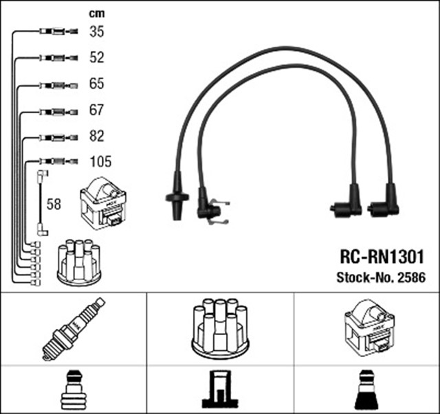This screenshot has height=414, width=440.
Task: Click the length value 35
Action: point(96,32)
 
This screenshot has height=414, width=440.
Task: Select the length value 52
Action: point(96,58)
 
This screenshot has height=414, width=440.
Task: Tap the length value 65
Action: point(96,84)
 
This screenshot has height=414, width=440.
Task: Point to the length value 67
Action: point(96,111)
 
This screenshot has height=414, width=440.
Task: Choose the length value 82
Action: point(96,137)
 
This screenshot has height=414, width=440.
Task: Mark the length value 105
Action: point(100,163)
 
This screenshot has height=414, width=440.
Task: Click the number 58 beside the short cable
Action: point(53,204)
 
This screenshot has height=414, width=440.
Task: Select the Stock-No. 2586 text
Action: point(380,278)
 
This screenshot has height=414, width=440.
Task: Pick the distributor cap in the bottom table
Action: point(219,327)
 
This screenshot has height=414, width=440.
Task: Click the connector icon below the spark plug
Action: point(74,390)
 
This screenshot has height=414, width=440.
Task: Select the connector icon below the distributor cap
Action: point(219,390)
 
